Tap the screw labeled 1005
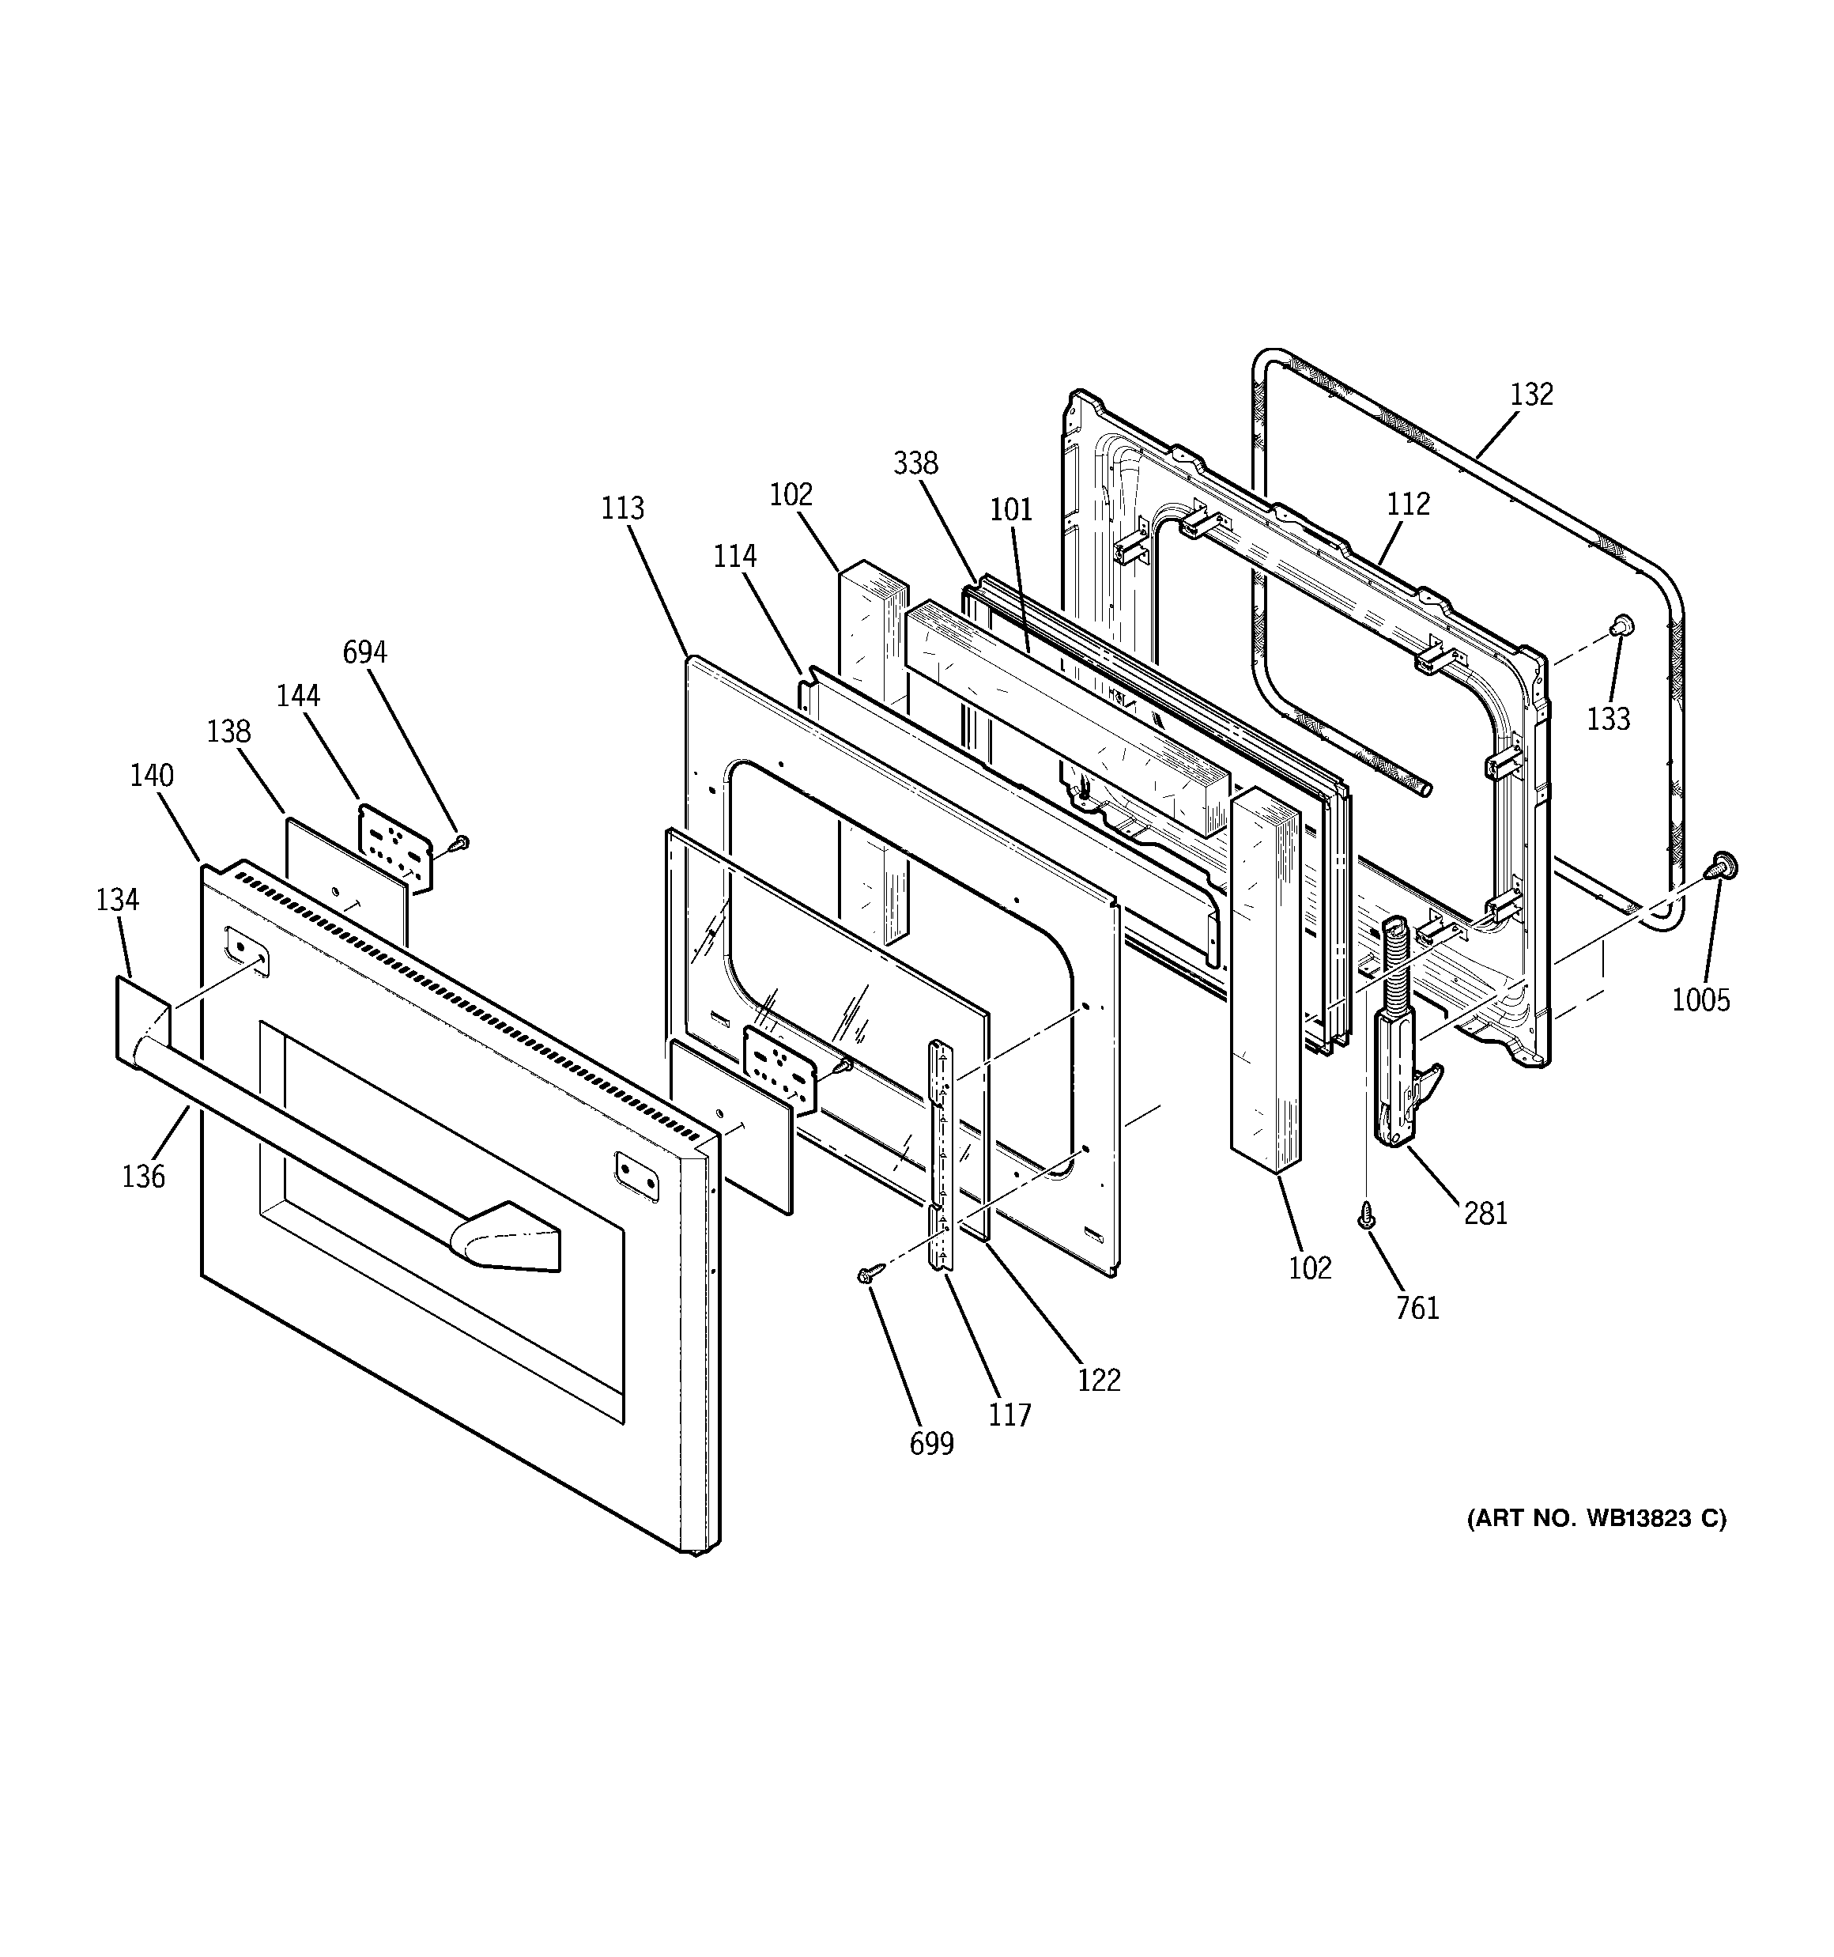(1722, 867)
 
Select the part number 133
(1608, 719)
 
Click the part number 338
(915, 463)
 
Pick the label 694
(364, 652)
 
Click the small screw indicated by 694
(460, 843)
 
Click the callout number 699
(931, 1443)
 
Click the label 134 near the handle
(117, 899)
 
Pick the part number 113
(622, 508)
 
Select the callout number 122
(1099, 1380)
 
